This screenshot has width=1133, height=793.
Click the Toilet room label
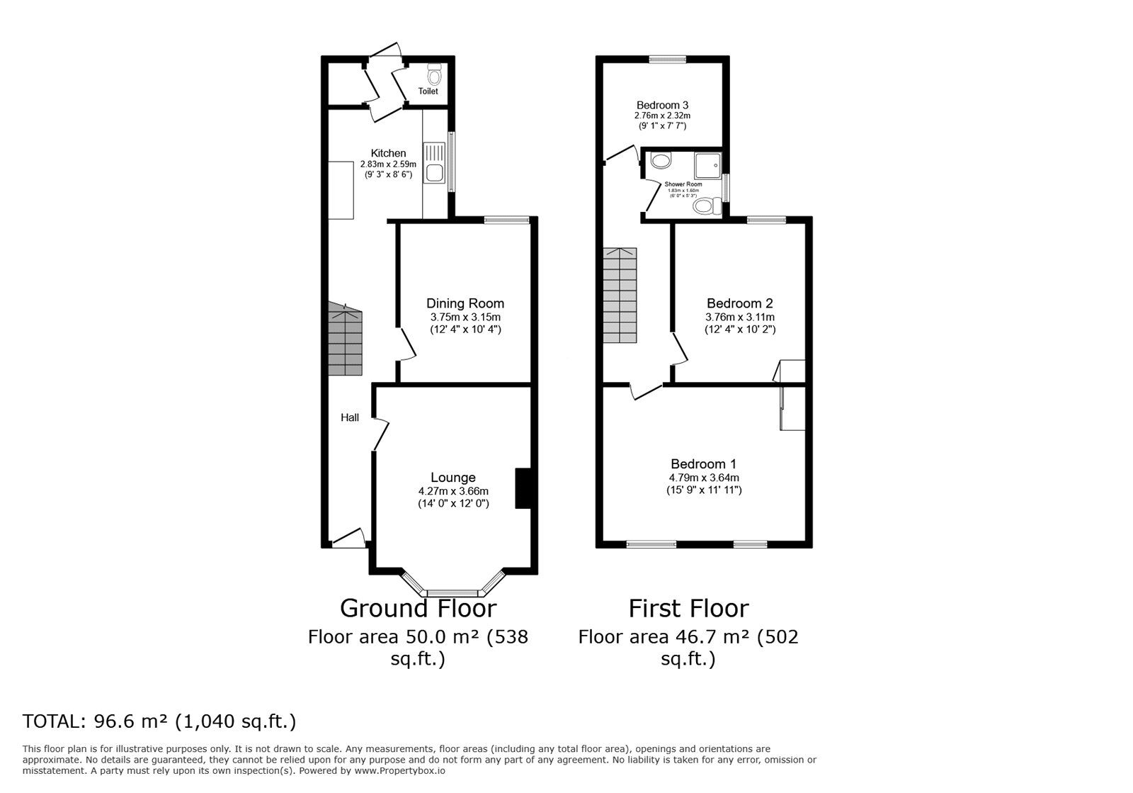pyautogui.click(x=428, y=91)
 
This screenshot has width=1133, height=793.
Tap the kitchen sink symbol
pyautogui.click(x=433, y=163)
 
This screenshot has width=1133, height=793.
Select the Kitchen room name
pyautogui.click(x=388, y=153)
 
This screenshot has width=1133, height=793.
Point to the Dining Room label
pyautogui.click(x=465, y=303)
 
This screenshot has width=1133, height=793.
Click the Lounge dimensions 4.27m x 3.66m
pyautogui.click(x=453, y=490)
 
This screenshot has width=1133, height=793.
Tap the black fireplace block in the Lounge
pyautogui.click(x=523, y=488)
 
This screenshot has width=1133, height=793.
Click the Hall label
pyautogui.click(x=350, y=417)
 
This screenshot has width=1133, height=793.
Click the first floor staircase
pyautogui.click(x=620, y=296)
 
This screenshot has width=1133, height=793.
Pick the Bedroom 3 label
pyautogui.click(x=662, y=104)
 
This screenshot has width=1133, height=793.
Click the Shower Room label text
pyautogui.click(x=683, y=184)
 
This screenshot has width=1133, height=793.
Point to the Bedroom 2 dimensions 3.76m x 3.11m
pyautogui.click(x=740, y=317)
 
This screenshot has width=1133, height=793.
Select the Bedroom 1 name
pyautogui.click(x=703, y=464)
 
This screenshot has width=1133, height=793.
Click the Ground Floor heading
pyautogui.click(x=418, y=608)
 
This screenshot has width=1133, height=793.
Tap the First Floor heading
pyautogui.click(x=688, y=608)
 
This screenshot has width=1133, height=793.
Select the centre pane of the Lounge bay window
pyautogui.click(x=453, y=592)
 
